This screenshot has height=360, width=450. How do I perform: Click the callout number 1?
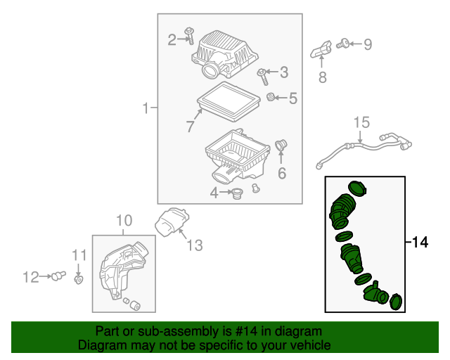[146, 108]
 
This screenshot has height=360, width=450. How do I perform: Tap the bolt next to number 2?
[191, 34]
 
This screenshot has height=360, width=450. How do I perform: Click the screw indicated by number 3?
[262, 72]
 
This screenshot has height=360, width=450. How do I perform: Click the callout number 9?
[366, 45]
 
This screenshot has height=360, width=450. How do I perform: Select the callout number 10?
[123, 220]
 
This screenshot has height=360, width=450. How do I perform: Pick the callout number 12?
[31, 278]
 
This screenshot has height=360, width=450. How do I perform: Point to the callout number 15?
[361, 123]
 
